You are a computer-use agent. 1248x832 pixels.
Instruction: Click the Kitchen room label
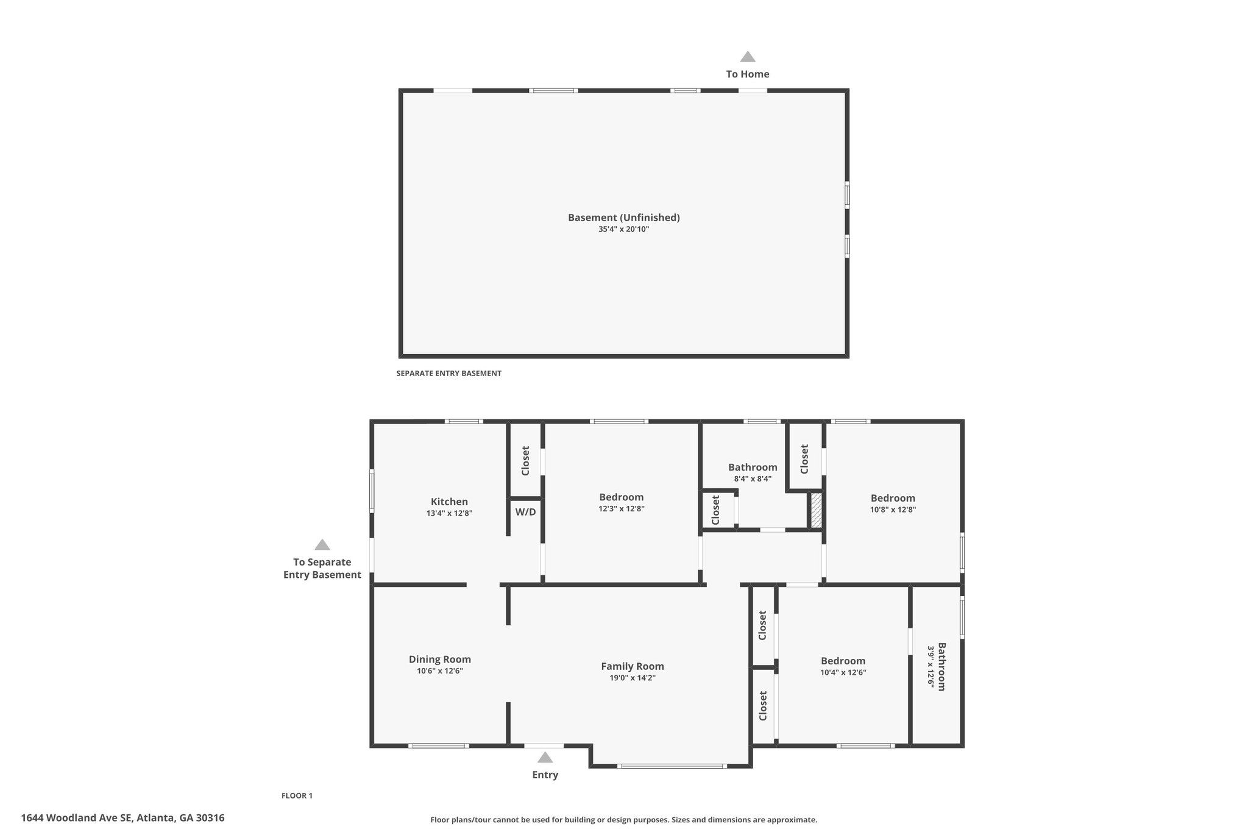[449, 502]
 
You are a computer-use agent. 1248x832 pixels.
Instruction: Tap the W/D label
[525, 511]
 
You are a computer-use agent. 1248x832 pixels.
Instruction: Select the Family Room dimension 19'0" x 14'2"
[633, 678]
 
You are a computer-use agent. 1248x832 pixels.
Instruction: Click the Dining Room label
[440, 660]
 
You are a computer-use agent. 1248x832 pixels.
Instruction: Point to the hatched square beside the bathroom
[816, 511]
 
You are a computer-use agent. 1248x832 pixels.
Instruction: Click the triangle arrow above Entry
[545, 757]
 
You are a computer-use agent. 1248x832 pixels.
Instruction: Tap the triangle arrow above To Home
[748, 57]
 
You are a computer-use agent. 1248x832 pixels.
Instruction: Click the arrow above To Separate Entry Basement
[322, 544]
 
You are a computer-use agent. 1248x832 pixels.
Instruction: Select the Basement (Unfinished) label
[624, 218]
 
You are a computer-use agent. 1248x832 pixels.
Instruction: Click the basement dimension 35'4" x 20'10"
[624, 229]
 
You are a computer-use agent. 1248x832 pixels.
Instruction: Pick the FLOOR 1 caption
[297, 795]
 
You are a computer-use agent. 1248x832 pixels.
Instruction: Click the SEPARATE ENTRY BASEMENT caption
[448, 373]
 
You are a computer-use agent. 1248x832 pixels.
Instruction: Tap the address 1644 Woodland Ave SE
[76, 818]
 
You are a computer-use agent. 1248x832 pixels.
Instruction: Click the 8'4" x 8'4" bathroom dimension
[753, 478]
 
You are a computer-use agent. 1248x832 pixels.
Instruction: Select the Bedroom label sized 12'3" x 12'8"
[622, 497]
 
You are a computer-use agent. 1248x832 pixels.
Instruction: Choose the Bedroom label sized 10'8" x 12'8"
[893, 498]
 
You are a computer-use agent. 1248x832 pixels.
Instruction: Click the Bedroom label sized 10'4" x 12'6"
[843, 661]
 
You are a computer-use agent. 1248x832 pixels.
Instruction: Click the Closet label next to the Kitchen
[525, 461]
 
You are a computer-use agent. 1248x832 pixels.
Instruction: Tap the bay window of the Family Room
[672, 766]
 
